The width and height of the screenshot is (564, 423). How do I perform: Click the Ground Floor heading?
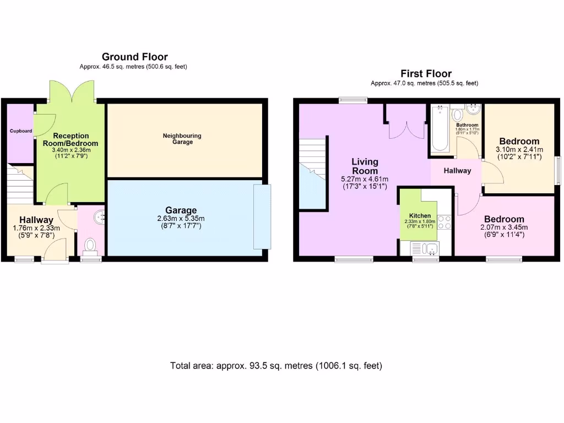coord(134,57)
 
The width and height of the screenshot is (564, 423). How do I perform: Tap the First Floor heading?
coord(426,74)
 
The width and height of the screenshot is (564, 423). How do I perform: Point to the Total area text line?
coord(276,366)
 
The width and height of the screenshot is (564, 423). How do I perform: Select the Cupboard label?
coord(20,131)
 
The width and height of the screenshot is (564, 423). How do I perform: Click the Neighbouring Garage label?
coord(182,139)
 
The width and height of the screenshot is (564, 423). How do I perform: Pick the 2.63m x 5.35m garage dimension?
coord(181,219)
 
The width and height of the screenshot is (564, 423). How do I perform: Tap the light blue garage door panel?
coord(262,216)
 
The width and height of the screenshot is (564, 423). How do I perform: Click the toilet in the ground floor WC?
coord(90,246)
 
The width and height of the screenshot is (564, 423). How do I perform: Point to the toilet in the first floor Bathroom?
coord(457,115)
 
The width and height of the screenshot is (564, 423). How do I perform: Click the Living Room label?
coord(365,166)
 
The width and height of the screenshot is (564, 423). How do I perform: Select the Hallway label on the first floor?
coord(458,171)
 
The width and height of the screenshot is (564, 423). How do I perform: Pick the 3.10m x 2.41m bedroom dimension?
coord(519,149)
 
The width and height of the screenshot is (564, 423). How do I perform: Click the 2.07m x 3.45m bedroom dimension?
coord(504,227)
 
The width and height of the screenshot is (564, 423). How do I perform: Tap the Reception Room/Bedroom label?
coord(70,139)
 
